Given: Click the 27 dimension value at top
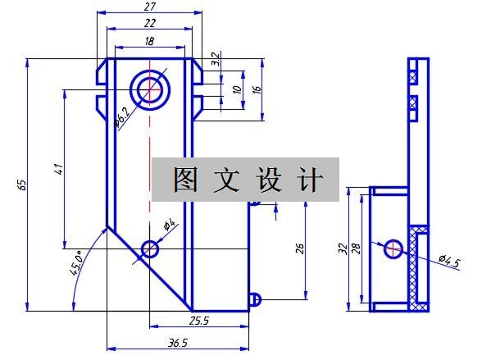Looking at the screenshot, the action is (x=150, y=7).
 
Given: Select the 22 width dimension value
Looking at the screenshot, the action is (x=150, y=23).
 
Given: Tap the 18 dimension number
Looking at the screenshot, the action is (x=149, y=41).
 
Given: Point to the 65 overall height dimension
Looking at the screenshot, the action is (x=22, y=185).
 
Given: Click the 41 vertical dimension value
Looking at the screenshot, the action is (x=59, y=169).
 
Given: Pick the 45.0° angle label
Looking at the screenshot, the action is (x=76, y=262).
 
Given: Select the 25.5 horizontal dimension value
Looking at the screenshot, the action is (x=199, y=321).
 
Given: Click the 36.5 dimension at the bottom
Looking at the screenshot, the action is (x=178, y=343).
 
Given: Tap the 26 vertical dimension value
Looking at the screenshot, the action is (x=300, y=248).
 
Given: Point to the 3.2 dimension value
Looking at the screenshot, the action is (x=216, y=59).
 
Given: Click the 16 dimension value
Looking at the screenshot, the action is (x=256, y=89).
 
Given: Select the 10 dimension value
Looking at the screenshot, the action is (x=238, y=89).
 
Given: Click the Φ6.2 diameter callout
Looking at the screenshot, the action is (x=121, y=117).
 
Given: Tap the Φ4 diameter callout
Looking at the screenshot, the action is (x=170, y=225).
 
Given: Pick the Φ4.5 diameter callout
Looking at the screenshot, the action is (x=450, y=262).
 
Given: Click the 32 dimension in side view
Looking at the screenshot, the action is (x=343, y=248).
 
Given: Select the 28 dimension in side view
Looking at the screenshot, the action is (x=356, y=248).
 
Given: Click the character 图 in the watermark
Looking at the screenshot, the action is (x=185, y=180).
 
